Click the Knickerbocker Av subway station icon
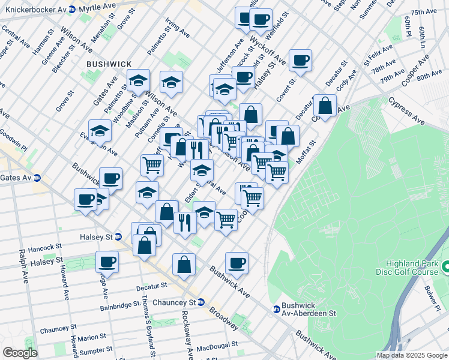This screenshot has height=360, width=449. tap(72, 10)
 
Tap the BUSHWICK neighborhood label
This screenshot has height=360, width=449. tap(107, 63)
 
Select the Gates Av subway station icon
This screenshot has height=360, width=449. tap(37, 178)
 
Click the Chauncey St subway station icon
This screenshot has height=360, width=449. tap(202, 302)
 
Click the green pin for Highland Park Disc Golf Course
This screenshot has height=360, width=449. tap(445, 266)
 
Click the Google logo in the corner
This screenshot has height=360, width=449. tap(20, 353)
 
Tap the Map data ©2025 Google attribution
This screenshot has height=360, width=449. tap(411, 355)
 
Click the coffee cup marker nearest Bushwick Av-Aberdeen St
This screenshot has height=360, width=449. tap(237, 262)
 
